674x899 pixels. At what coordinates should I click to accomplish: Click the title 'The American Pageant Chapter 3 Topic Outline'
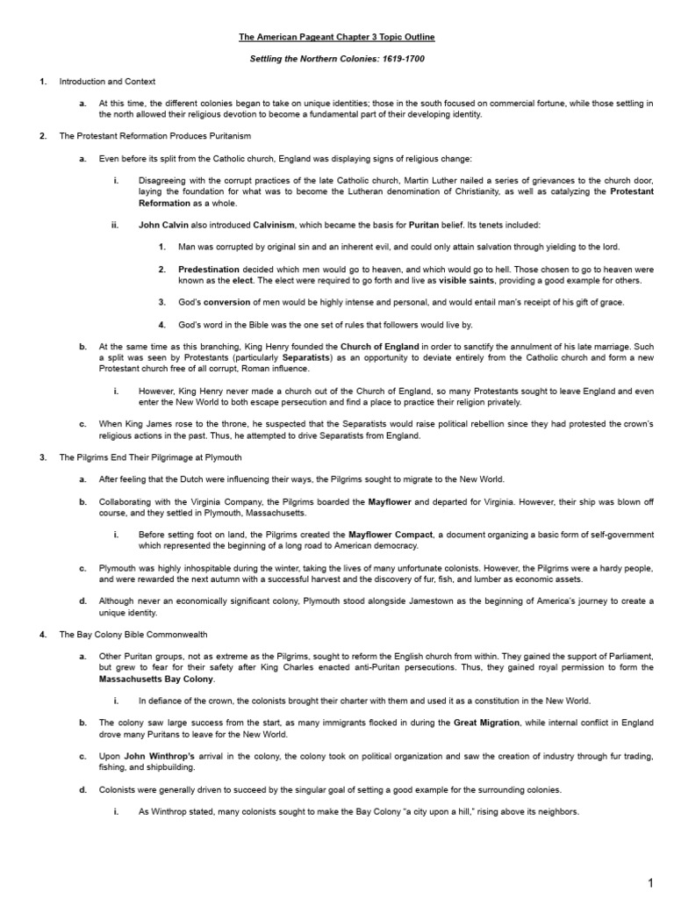pyautogui.click(x=337, y=38)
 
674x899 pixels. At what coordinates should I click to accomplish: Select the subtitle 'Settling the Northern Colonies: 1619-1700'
pyautogui.click(x=337, y=59)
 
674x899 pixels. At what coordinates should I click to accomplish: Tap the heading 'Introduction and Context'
pyautogui.click(x=107, y=82)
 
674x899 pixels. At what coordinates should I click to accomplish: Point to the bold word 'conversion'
pyautogui.click(x=227, y=302)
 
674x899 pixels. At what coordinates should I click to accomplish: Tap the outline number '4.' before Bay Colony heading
pyautogui.click(x=42, y=633)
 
